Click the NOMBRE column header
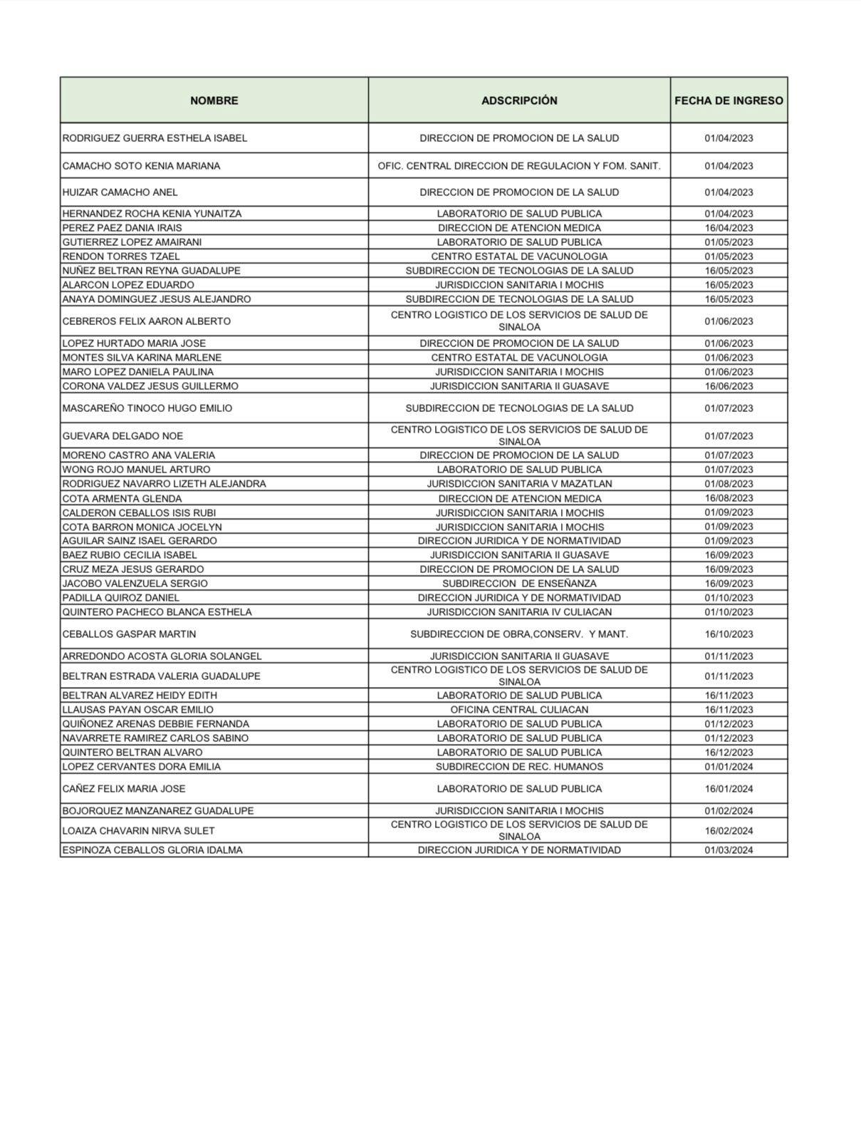point(214,100)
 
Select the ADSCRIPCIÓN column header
point(519,100)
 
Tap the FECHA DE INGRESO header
point(729,100)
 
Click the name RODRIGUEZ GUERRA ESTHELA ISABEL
point(155,138)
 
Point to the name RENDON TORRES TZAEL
point(121,257)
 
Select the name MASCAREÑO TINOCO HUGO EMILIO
point(147,408)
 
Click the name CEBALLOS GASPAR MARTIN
point(129,634)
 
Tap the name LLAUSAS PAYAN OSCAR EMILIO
point(137,710)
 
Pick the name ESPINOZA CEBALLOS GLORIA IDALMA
point(152,850)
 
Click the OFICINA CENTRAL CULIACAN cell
point(519,710)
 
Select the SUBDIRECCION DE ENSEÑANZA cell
point(519,584)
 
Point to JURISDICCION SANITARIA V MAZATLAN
point(519,484)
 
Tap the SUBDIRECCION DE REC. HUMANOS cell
point(519,767)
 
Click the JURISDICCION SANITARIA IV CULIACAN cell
point(519,612)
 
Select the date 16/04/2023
point(729,228)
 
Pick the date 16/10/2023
point(729,634)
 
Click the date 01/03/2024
point(729,850)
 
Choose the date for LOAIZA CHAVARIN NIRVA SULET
point(729,831)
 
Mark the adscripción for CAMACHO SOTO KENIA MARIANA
point(519,166)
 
